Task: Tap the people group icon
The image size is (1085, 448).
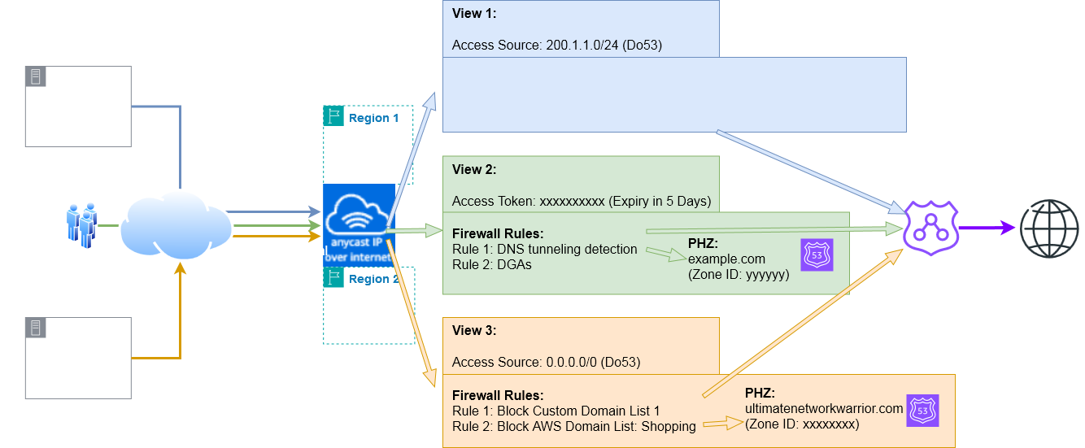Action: point(82,225)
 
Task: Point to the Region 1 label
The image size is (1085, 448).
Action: point(373,118)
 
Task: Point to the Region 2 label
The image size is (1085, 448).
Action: point(373,279)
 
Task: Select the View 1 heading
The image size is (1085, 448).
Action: point(473,14)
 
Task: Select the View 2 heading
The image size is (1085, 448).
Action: point(473,170)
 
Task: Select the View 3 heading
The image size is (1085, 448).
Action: point(473,331)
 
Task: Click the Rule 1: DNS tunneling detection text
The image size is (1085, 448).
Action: point(544,249)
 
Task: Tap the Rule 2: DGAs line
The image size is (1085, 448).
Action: point(492,264)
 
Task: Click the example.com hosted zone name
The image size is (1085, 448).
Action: point(726,259)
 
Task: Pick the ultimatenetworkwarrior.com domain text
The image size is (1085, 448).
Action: point(824,408)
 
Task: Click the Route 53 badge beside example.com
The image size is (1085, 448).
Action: point(817,254)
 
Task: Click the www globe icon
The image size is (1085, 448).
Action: point(1047,227)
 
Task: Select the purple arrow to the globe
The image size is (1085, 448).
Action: point(983,228)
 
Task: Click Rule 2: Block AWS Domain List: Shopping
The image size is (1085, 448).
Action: point(573,427)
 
